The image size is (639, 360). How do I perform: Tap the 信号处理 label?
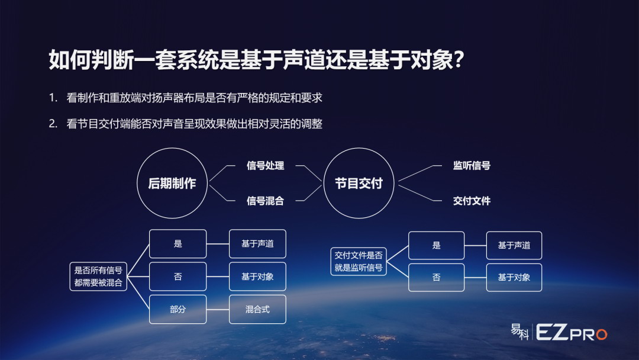(265, 166)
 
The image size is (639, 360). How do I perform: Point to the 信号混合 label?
(265, 201)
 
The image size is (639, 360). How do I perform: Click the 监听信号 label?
(472, 166)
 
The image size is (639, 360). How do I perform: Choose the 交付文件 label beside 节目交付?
(472, 201)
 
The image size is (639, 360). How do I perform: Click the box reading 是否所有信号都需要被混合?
(98, 277)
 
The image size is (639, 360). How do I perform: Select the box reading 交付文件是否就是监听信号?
(359, 261)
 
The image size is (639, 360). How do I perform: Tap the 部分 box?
(177, 310)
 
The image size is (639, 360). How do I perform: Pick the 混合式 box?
(257, 310)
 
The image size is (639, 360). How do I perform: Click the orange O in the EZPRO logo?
(602, 335)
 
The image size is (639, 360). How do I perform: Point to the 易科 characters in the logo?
(520, 332)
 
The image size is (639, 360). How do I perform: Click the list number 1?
(53, 98)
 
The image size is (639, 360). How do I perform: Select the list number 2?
(53, 124)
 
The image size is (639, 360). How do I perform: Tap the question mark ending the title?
(459, 60)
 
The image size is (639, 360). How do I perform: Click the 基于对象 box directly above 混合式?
(257, 277)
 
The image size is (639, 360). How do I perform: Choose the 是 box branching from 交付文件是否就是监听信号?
(437, 246)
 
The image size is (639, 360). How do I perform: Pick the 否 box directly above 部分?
(177, 277)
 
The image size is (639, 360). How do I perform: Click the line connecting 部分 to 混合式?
(218, 310)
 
